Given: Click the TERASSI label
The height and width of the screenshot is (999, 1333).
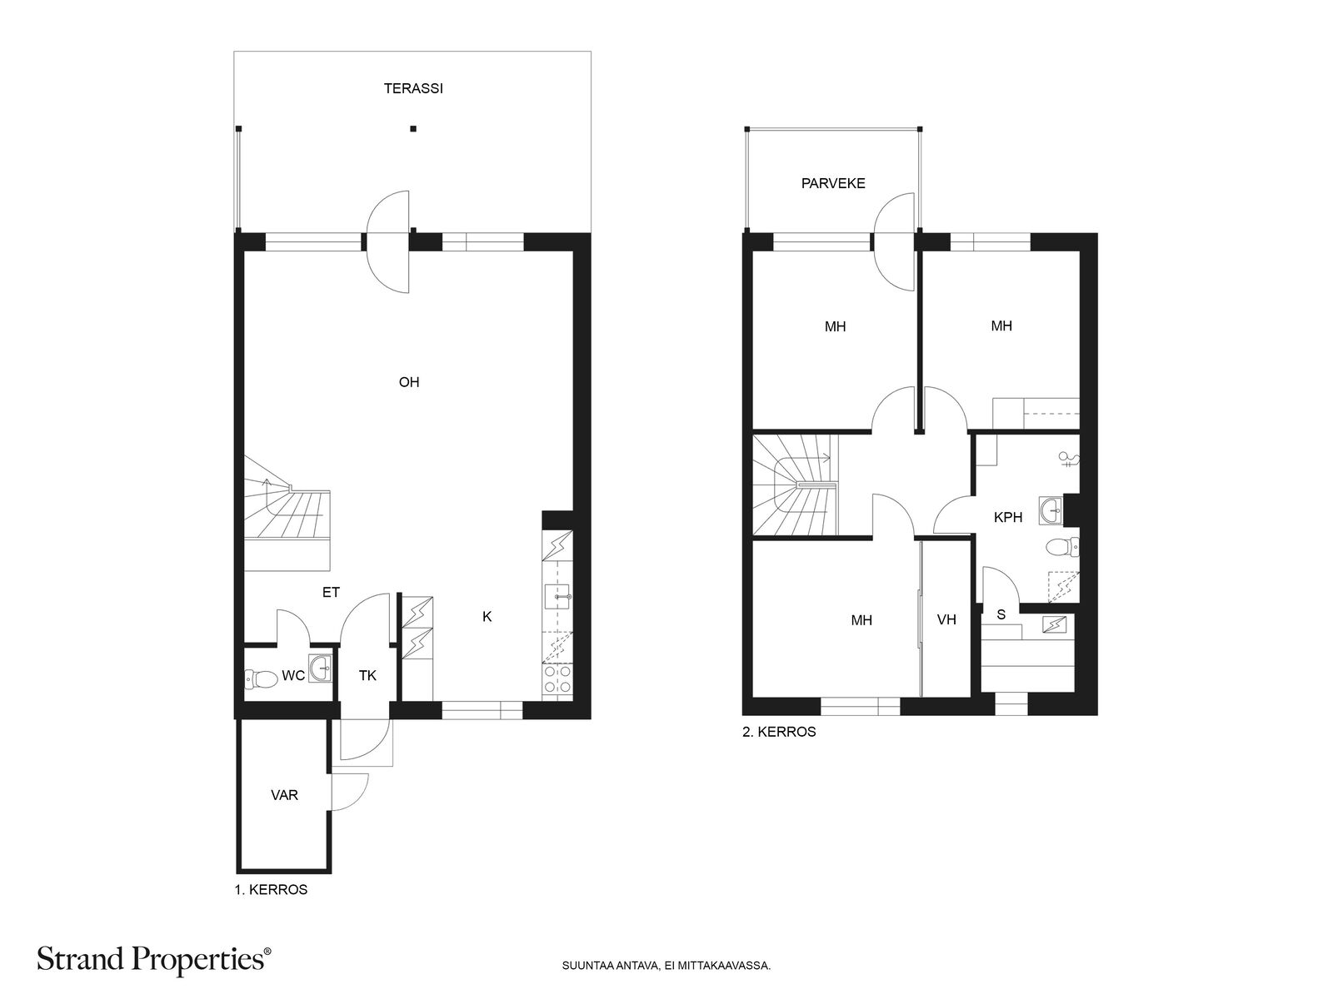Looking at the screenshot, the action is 413,88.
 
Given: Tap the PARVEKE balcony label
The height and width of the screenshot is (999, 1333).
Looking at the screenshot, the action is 832,183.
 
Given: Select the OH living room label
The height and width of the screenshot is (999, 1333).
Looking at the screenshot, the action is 409,382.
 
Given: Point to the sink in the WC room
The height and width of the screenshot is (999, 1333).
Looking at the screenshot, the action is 320,668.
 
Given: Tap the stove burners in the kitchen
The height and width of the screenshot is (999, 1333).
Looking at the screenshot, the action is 557,678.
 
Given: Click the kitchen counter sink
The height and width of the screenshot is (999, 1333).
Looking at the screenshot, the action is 557,597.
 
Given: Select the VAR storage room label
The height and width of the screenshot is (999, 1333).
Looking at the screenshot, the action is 284,795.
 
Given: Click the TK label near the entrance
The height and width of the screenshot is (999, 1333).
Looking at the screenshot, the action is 367,676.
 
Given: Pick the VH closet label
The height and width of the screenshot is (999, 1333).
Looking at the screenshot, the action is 946,620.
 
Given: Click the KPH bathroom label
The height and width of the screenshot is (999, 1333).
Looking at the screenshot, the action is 1008,517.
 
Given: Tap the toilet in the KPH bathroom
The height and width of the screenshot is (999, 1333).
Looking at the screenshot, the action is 1062,546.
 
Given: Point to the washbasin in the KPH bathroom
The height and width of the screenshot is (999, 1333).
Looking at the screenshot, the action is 1051,510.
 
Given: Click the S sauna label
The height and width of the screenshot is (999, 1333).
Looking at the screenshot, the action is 1001,614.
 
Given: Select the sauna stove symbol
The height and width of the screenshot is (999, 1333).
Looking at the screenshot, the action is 1054,624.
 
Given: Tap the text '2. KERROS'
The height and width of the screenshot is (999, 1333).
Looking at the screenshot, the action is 779,732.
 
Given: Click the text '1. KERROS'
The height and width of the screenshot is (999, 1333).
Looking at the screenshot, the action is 271,890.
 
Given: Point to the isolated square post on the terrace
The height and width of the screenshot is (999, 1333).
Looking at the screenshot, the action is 413,128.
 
